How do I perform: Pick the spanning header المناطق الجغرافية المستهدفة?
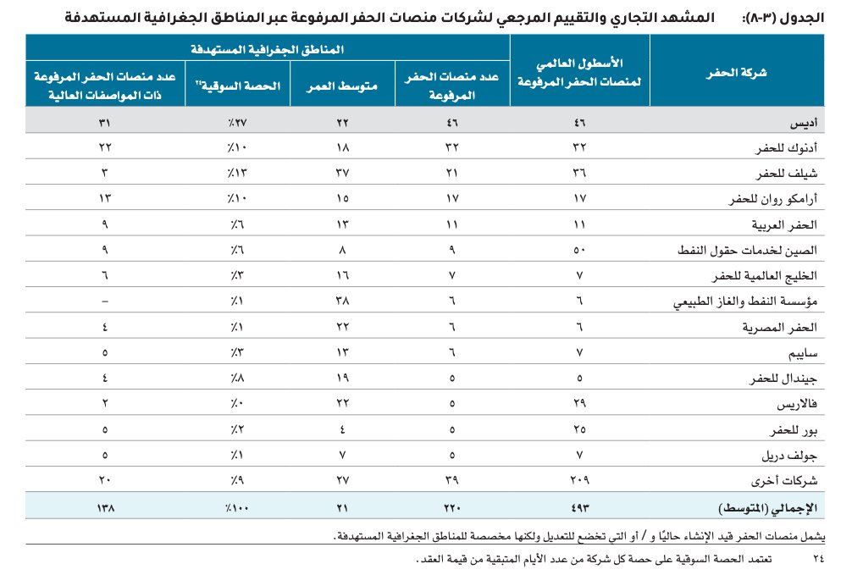tap(267, 49)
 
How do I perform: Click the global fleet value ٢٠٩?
tap(580, 482)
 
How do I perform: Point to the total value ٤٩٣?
tap(580, 509)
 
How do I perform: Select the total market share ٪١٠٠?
tap(225, 509)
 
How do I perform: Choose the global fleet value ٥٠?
tap(580, 251)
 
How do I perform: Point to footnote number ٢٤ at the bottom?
tap(817, 560)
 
